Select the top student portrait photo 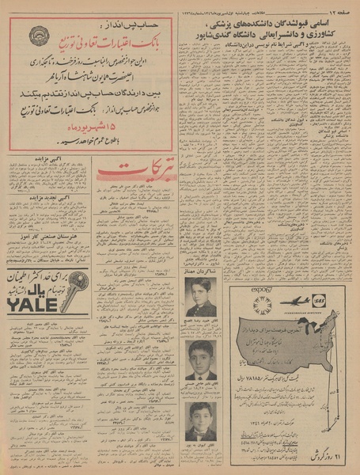pos(201,296)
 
